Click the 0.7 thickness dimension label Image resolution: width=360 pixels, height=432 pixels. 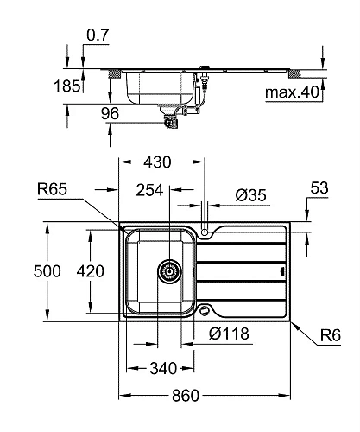tap(97, 36)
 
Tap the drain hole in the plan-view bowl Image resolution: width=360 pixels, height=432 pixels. tap(169, 271)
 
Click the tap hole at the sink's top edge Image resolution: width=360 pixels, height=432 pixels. tap(204, 232)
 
